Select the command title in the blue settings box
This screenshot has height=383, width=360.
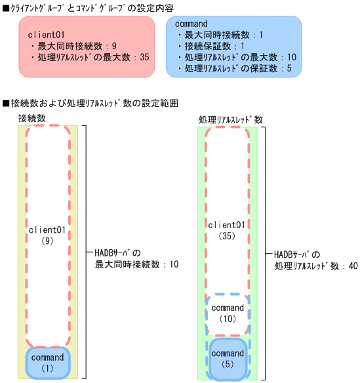(x=193, y=23)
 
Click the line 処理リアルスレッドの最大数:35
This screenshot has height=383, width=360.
(x=90, y=58)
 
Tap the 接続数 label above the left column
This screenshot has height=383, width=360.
(x=32, y=117)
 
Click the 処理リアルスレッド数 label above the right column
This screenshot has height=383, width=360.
(x=230, y=120)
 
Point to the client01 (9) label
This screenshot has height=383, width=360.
(x=47, y=236)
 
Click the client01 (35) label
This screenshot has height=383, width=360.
(x=226, y=230)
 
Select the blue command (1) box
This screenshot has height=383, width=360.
(x=47, y=363)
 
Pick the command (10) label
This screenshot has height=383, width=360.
(x=228, y=312)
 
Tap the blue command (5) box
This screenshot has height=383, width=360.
(x=228, y=358)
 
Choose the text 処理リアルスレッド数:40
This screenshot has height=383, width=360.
(x=315, y=266)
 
